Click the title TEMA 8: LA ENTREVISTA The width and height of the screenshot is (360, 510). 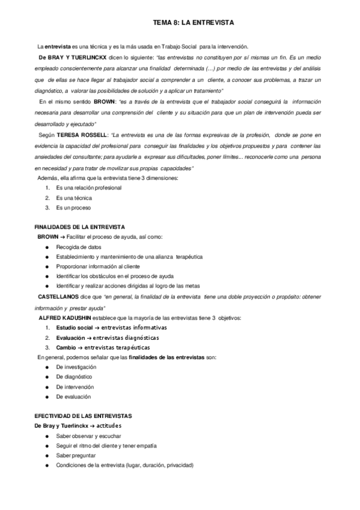pyautogui.click(x=193, y=23)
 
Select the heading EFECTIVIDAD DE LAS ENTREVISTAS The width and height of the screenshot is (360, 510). pyautogui.click(x=84, y=416)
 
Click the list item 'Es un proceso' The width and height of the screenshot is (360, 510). pyautogui.click(x=73, y=207)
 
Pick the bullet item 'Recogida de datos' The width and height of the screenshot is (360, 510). pyautogui.click(x=79, y=247)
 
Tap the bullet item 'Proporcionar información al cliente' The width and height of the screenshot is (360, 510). pyautogui.click(x=98, y=266)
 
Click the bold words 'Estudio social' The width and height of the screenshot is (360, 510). pyautogui.click(x=75, y=327)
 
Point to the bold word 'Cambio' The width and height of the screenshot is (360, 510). pyautogui.click(x=66, y=347)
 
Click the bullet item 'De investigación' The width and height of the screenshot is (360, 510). pyautogui.click(x=76, y=367)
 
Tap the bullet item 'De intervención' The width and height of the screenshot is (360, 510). pyautogui.click(x=76, y=387)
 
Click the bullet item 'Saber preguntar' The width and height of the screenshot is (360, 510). pyautogui.click(x=76, y=455)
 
